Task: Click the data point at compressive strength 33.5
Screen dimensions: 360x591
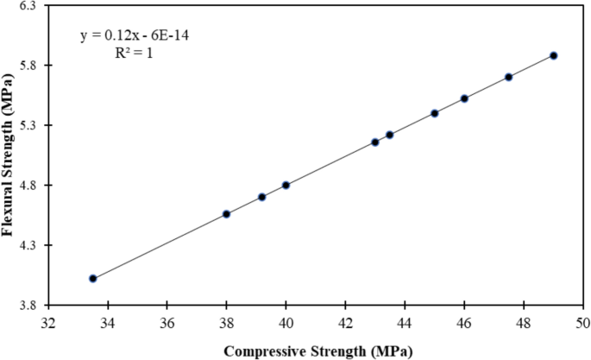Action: point(92,279)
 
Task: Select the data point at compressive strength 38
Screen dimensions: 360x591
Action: point(226,214)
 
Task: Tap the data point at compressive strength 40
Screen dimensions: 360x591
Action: point(286,186)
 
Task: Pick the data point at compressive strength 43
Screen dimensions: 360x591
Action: point(375,142)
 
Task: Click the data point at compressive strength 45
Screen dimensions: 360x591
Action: point(435,113)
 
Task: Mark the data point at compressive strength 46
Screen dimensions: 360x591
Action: point(464,98)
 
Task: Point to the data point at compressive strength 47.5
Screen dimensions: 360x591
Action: point(509,77)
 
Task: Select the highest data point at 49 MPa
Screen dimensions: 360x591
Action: point(554,55)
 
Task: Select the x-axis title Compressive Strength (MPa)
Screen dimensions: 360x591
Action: point(318,351)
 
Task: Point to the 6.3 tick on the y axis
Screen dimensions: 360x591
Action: point(30,5)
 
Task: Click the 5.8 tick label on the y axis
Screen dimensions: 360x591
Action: point(30,66)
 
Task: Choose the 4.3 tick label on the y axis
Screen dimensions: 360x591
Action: point(30,245)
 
